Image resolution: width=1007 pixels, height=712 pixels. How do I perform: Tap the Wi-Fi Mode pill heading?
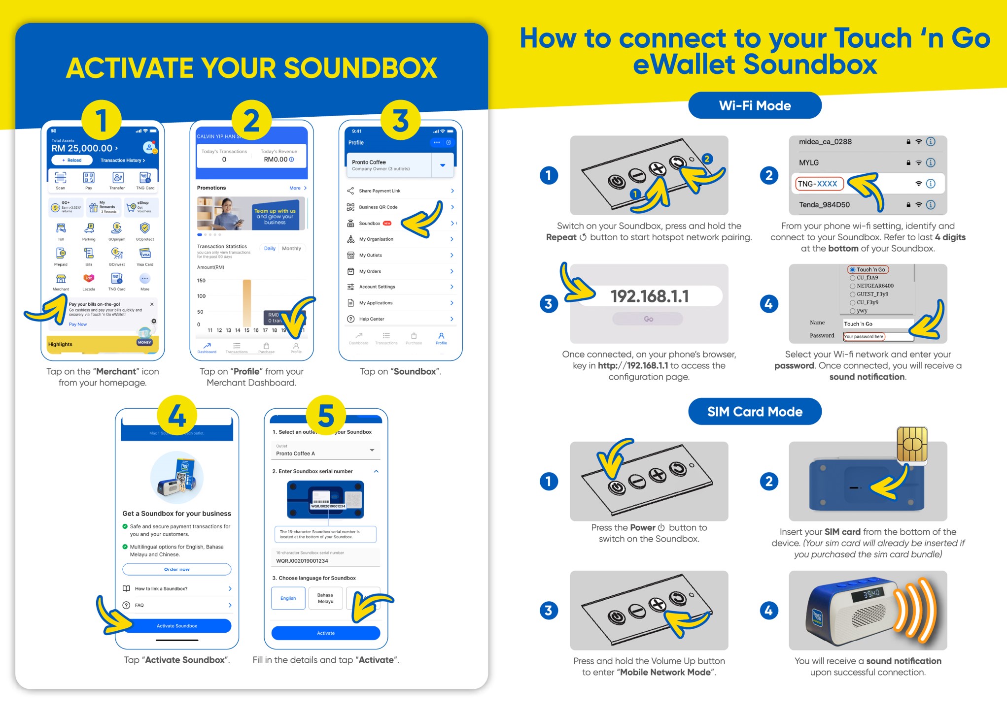754,105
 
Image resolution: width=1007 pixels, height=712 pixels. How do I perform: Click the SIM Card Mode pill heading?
754,412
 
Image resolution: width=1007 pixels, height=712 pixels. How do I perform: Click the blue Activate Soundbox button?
177,626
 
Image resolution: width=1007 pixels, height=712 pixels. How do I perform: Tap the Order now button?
177,569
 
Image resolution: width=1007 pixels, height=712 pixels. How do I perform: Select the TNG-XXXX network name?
818,184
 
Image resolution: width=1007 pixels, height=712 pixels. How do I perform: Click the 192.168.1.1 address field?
649,296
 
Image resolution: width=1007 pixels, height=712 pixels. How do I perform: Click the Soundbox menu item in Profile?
370,224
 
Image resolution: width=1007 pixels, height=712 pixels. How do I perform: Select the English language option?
288,598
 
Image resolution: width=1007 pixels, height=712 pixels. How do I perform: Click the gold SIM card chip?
912,444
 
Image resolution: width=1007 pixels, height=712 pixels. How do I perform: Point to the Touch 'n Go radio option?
868,269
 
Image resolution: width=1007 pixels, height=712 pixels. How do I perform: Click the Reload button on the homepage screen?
72,160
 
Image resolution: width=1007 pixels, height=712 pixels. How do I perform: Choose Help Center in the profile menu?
372,319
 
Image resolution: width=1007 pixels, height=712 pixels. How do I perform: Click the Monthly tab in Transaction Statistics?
291,249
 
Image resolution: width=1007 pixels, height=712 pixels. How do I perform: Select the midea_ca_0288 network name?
825,142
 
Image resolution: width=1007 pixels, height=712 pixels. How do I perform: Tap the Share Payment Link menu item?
380,191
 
